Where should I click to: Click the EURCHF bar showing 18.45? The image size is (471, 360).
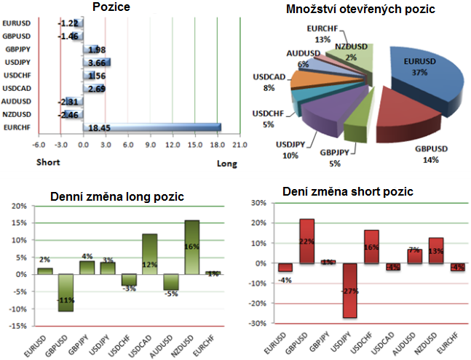point(153,127)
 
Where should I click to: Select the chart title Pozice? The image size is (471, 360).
point(113,8)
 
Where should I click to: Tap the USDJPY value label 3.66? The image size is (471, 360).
point(96,63)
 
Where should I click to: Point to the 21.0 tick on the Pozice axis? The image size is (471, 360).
point(240,145)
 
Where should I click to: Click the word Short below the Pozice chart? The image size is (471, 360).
point(49,163)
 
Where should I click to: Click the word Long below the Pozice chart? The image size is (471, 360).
point(227,164)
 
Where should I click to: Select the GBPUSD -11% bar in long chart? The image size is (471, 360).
point(65,292)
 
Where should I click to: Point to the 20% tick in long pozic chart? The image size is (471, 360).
point(24,207)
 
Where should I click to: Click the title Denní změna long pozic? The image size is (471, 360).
point(116,196)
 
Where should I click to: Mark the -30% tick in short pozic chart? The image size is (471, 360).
point(258,324)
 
